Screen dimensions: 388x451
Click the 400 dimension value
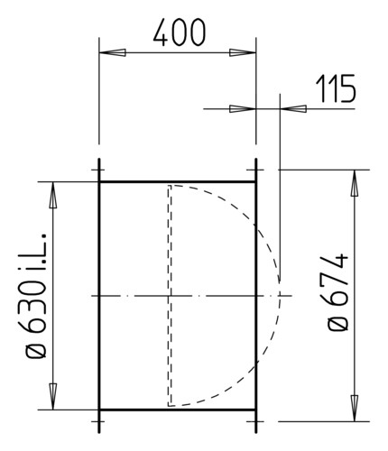tap(180, 32)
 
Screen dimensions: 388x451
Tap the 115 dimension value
tap(336, 88)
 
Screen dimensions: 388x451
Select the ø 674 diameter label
tap(337, 292)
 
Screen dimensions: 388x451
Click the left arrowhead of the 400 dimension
tap(112, 52)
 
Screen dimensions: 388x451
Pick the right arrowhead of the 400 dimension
tap(243, 52)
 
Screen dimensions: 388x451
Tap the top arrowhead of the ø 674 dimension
tap(355, 183)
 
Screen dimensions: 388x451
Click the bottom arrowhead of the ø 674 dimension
tap(355, 408)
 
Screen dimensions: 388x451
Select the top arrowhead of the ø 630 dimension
tap(53, 195)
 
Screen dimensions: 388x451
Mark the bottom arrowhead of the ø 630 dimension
tap(53, 397)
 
